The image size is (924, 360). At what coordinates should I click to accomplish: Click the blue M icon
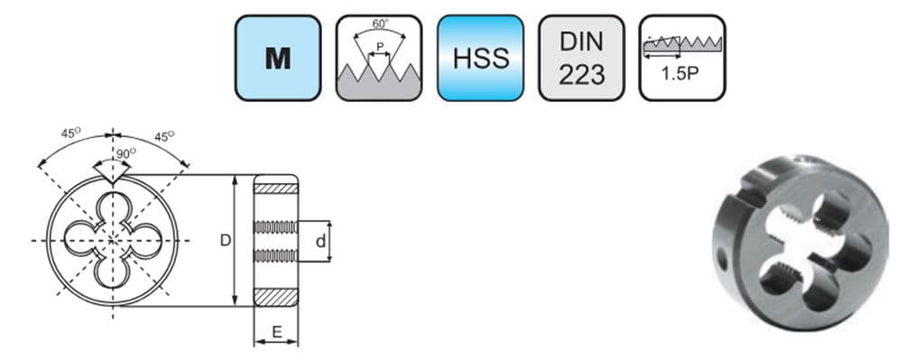278,58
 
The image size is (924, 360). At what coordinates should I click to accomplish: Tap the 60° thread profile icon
379,58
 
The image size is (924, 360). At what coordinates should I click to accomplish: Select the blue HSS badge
480,58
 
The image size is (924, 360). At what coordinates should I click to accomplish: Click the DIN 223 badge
581,58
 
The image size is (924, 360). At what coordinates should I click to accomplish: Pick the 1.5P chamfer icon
682,58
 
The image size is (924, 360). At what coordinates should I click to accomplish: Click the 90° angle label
125,154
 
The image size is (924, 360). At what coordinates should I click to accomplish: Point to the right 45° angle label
163,136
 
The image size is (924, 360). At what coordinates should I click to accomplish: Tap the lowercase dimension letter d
320,241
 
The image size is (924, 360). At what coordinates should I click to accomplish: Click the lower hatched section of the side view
274,297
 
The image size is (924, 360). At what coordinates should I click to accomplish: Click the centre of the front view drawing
113,240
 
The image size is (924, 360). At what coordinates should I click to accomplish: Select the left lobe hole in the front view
79,240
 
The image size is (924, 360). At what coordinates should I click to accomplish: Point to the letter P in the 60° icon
379,45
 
